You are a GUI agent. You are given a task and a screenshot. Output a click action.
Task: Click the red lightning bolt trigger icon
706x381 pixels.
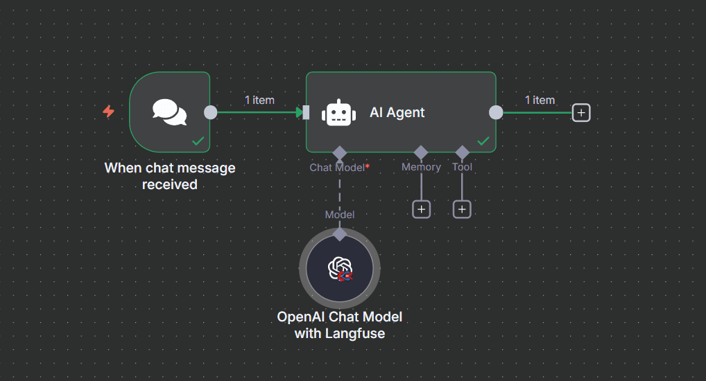coord(108,112)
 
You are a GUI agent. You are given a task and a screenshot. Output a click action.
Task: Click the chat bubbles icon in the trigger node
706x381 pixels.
coord(170,112)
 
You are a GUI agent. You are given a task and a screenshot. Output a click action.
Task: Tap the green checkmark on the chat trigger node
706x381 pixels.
coord(198,141)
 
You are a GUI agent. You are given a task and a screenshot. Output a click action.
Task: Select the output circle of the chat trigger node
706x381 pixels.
coord(211,112)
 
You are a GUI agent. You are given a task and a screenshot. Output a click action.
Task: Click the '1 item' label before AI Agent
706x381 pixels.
coord(259,100)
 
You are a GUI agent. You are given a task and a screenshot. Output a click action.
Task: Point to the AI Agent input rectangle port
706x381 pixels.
coord(306,112)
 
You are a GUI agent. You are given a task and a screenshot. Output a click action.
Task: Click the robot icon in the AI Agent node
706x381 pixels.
coord(338,113)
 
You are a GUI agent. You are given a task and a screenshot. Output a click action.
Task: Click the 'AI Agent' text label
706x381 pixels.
coord(397,113)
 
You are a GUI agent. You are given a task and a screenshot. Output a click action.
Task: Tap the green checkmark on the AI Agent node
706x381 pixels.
coord(483,141)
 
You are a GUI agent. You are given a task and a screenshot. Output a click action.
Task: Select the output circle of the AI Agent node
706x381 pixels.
coord(496,112)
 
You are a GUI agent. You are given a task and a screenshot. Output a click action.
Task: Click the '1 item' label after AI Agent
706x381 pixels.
coord(540,100)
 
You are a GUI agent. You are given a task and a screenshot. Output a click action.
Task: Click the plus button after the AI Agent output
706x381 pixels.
coord(581,112)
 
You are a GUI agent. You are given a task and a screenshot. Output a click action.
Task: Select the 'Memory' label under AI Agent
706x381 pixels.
coord(421,167)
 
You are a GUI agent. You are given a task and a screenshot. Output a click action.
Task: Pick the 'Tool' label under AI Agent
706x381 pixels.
coord(462,167)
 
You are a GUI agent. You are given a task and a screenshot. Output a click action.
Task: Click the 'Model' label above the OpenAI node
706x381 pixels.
coord(340,215)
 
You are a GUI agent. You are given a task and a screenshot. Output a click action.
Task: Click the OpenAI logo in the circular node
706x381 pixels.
coord(340,268)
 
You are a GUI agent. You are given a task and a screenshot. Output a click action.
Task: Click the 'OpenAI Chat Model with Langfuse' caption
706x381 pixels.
coord(340,325)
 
